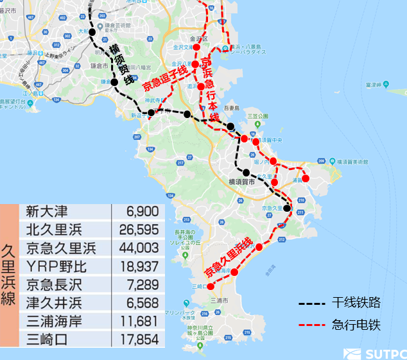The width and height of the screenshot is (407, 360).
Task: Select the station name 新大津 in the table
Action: (46, 212)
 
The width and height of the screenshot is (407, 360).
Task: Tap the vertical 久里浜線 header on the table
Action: (10, 276)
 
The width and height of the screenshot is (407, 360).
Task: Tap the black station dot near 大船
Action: (92, 32)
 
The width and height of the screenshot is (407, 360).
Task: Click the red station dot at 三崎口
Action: (211, 295)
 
